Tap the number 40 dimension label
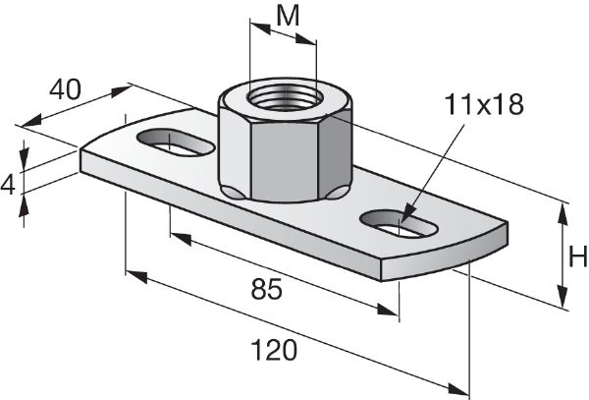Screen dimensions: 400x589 coord(64,89)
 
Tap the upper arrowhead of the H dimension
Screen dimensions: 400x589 coord(562,208)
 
